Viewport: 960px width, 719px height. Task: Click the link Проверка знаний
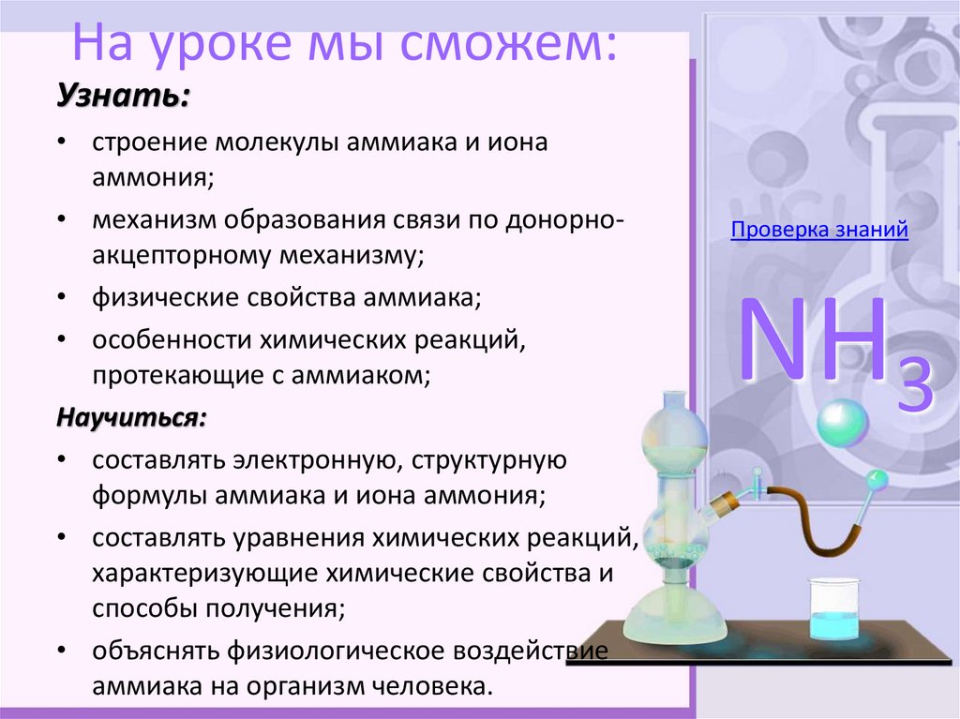coord(819,231)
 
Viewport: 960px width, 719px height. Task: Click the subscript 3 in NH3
coord(914,387)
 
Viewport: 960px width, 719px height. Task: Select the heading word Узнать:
coord(122,96)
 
